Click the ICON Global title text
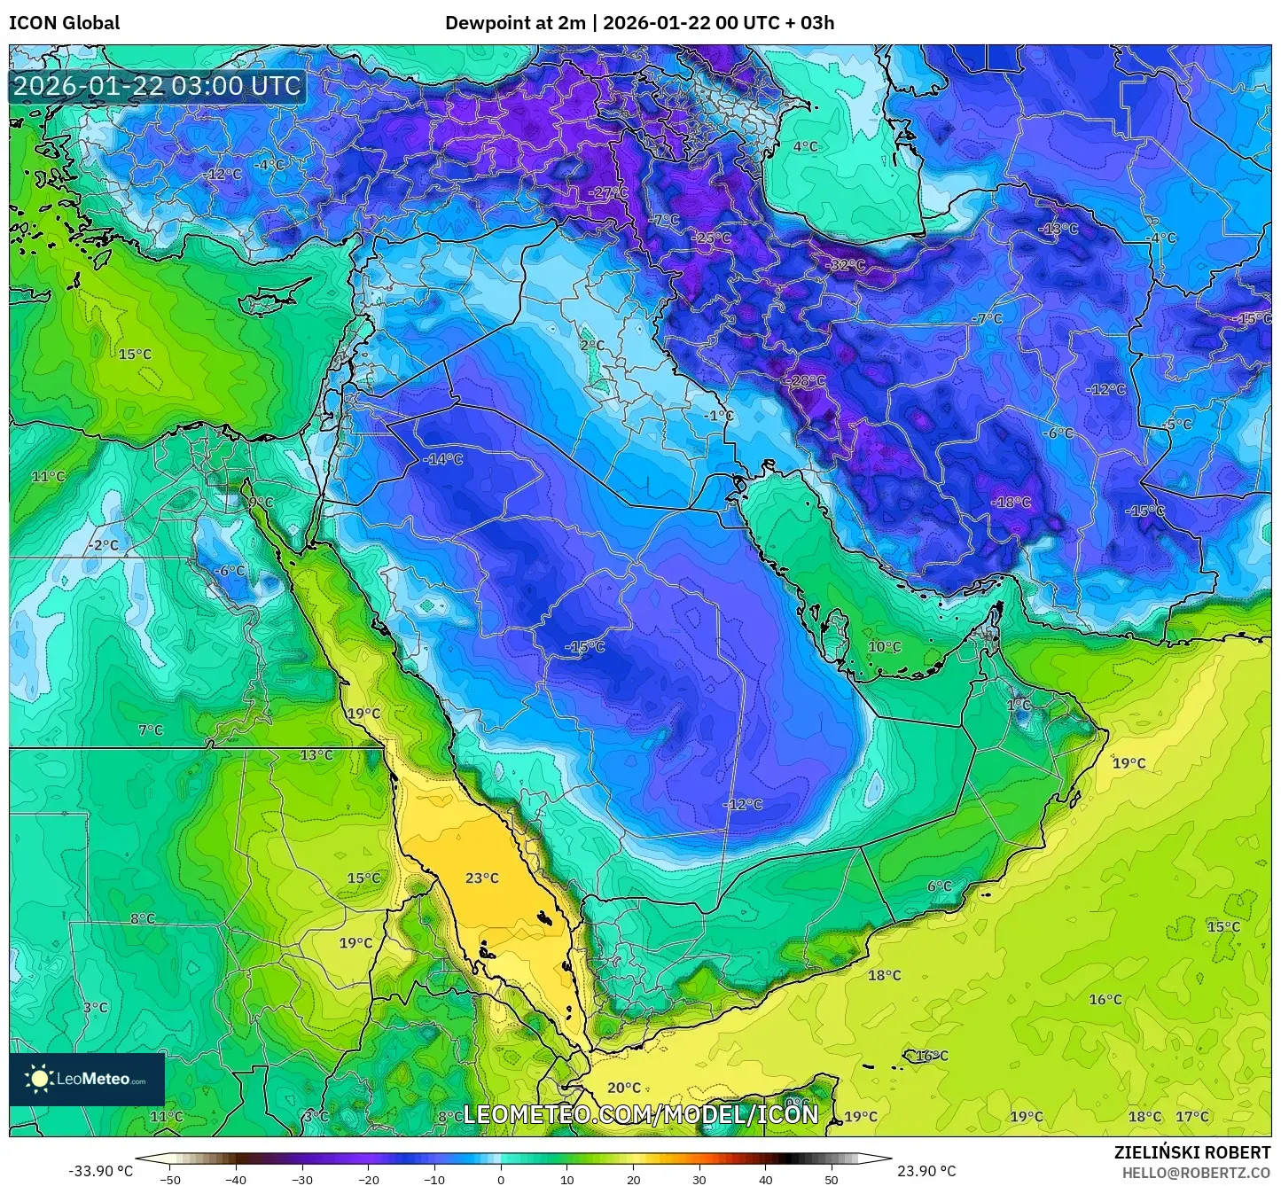pyautogui.click(x=64, y=23)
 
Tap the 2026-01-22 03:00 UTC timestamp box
pyautogui.click(x=157, y=86)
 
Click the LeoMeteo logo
pyautogui.click(x=87, y=1079)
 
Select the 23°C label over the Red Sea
pyautogui.click(x=482, y=878)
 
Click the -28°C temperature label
pyautogui.click(x=805, y=381)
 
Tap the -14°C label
pyautogui.click(x=442, y=459)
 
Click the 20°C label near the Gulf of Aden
pyautogui.click(x=624, y=1088)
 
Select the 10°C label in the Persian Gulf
pyautogui.click(x=884, y=647)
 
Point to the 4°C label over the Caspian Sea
pyautogui.click(x=806, y=146)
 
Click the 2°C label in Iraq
pyautogui.click(x=592, y=346)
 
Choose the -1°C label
pyautogui.click(x=719, y=416)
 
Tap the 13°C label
pyautogui.click(x=316, y=755)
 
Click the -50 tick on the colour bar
pyautogui.click(x=169, y=1179)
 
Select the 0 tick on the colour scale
pyautogui.click(x=501, y=1179)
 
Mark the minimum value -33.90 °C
pyautogui.click(x=100, y=1171)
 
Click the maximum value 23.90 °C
pyautogui.click(x=926, y=1171)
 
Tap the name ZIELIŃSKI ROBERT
pyautogui.click(x=1192, y=1152)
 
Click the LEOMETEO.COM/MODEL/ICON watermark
pyautogui.click(x=641, y=1114)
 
